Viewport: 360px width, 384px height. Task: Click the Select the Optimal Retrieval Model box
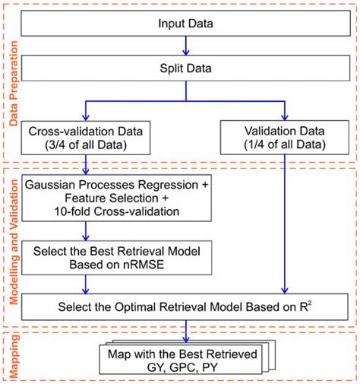coord(186,307)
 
